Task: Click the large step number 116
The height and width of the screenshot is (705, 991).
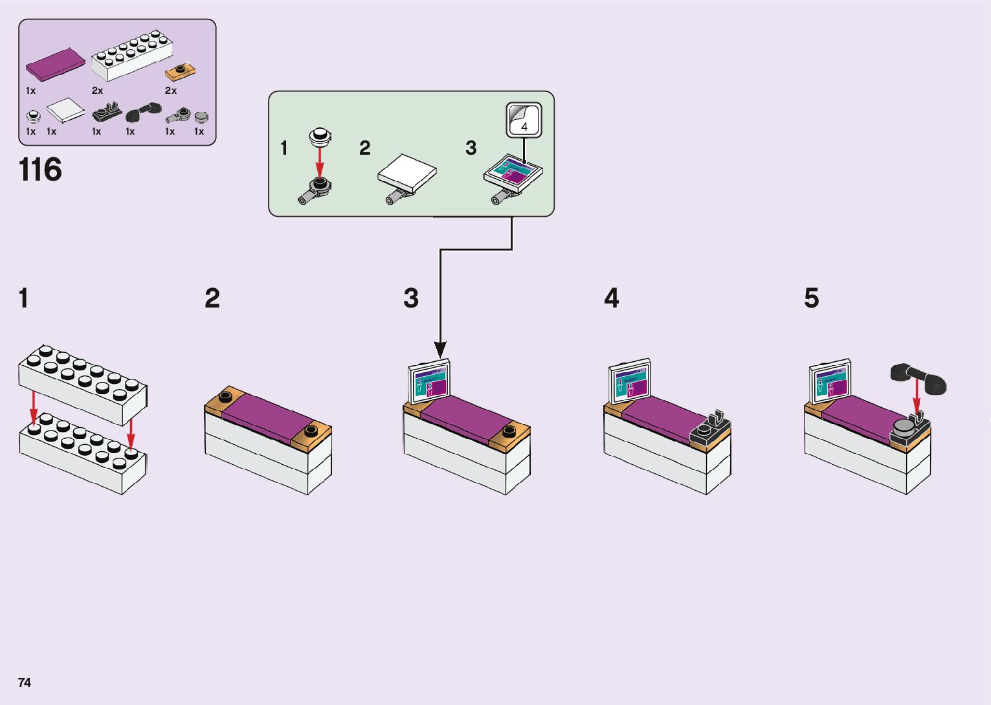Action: tap(40, 170)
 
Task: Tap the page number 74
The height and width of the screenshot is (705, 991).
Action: tap(25, 682)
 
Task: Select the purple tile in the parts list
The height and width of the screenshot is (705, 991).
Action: tap(55, 65)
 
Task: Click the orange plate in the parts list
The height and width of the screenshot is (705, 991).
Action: tap(180, 72)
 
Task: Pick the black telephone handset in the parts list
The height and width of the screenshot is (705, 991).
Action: tap(144, 113)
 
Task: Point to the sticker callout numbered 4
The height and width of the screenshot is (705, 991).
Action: tap(524, 120)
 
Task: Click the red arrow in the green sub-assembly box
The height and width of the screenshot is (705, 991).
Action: tap(319, 162)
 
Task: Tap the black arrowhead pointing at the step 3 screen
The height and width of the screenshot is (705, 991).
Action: tap(440, 350)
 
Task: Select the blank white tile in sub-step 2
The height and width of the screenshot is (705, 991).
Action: tap(407, 173)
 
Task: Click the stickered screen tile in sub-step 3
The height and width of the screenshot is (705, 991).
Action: tap(513, 173)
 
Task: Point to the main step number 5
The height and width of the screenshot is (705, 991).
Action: tap(812, 298)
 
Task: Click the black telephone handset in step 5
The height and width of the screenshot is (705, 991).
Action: tap(918, 379)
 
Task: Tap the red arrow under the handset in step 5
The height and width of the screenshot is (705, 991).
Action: tap(917, 395)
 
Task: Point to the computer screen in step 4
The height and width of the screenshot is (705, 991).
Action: tap(630, 381)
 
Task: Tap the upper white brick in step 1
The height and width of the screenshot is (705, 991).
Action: tap(83, 384)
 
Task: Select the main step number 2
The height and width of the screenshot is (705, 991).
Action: tap(212, 298)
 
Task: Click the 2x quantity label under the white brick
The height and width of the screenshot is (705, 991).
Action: tap(97, 91)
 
